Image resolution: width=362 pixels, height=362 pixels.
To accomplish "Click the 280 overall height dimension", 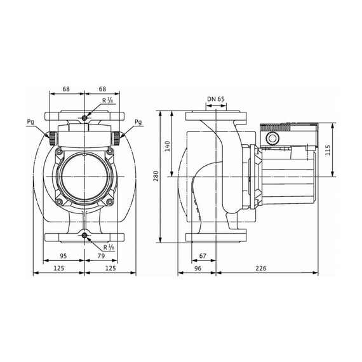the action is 156,176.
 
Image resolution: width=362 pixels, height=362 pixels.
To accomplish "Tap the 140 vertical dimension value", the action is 168,146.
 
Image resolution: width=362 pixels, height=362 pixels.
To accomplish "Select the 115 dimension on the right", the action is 328,150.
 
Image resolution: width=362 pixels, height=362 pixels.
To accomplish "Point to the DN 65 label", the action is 216,99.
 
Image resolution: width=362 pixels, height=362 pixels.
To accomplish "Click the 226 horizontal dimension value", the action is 260,268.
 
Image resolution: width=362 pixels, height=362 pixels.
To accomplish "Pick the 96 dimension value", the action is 198,268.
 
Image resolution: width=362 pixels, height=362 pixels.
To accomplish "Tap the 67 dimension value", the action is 203,256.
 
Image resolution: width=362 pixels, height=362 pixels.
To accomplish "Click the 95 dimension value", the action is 64,256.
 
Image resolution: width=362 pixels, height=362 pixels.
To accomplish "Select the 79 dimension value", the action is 101,256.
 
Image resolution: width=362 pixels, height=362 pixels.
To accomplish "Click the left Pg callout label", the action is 30,122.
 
